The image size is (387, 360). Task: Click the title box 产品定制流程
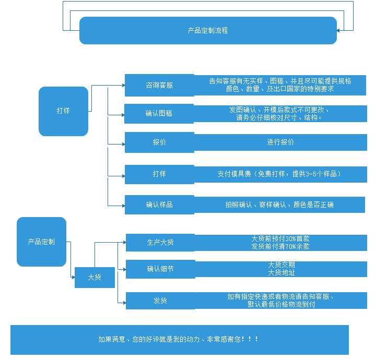click(x=208, y=30)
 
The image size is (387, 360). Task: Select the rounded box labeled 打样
click(x=63, y=111)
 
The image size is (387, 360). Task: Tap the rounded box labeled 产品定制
click(x=41, y=242)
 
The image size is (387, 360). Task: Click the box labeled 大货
click(x=95, y=278)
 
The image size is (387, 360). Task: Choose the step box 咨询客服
click(x=159, y=85)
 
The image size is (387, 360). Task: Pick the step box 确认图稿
click(x=159, y=113)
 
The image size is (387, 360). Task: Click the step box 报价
click(x=159, y=142)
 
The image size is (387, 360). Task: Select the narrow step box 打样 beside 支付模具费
click(x=159, y=174)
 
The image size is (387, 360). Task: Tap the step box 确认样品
click(x=159, y=205)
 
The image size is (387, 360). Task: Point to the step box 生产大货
click(x=160, y=242)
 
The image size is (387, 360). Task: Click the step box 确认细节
click(x=160, y=269)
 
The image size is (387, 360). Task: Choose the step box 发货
click(x=160, y=301)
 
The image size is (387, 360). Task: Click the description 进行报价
click(x=280, y=142)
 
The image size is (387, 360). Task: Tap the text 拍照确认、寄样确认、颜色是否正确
click(x=279, y=205)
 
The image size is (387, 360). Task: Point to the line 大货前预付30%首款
click(x=280, y=238)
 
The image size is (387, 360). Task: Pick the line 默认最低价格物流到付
click(x=281, y=304)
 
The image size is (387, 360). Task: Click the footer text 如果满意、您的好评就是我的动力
click(x=179, y=339)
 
